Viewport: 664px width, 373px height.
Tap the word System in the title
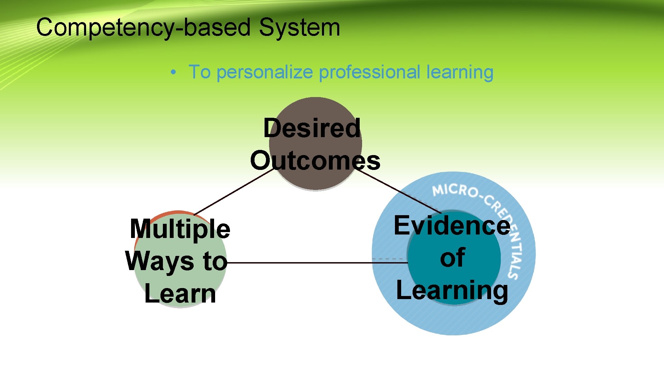(x=299, y=28)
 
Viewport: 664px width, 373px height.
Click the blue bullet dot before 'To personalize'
(x=173, y=73)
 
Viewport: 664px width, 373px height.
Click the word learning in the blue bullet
(x=460, y=73)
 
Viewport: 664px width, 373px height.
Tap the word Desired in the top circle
(x=312, y=128)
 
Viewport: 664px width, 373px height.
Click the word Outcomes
(x=315, y=160)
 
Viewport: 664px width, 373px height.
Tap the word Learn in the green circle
(x=180, y=294)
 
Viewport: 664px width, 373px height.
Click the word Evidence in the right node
(x=452, y=226)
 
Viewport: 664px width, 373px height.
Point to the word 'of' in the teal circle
(x=452, y=257)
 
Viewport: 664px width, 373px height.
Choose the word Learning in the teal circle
(x=452, y=290)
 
